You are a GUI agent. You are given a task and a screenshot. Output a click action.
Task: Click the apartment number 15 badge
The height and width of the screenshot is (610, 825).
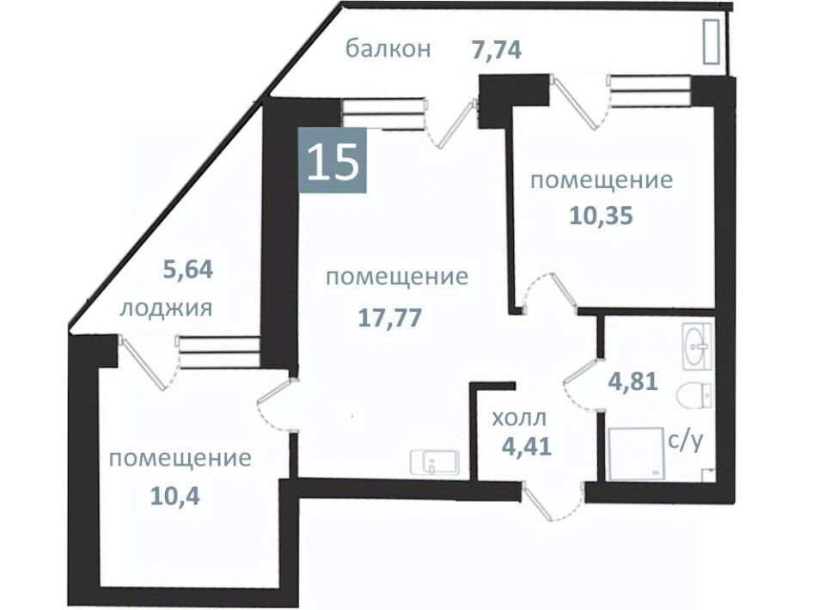pyautogui.click(x=332, y=160)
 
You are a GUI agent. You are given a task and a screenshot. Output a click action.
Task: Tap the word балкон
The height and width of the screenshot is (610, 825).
pyautogui.click(x=388, y=49)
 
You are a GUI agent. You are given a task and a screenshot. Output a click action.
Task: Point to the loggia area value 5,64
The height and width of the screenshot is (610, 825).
pyautogui.click(x=188, y=270)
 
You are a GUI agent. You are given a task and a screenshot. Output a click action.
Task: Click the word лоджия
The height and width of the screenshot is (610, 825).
pyautogui.click(x=166, y=308)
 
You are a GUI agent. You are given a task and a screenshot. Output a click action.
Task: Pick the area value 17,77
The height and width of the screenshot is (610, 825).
pyautogui.click(x=390, y=318)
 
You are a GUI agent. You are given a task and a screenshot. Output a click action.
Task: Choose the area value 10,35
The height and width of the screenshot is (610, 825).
pyautogui.click(x=601, y=216)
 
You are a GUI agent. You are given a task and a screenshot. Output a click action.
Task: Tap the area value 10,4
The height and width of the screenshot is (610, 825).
pyautogui.click(x=175, y=496)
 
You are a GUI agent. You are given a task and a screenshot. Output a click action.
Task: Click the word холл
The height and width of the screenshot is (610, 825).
pyautogui.click(x=519, y=419)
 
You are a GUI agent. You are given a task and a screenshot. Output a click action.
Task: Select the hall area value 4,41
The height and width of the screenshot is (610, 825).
pyautogui.click(x=526, y=447)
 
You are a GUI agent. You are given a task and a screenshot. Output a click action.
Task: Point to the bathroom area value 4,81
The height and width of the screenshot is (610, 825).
pyautogui.click(x=633, y=381)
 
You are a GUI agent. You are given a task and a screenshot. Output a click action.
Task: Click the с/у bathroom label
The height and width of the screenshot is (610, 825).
pyautogui.click(x=685, y=442)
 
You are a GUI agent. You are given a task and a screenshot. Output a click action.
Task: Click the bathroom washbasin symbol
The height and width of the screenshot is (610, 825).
pyautogui.click(x=697, y=346)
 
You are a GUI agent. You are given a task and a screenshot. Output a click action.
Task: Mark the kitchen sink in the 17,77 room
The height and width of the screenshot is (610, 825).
pyautogui.click(x=435, y=462)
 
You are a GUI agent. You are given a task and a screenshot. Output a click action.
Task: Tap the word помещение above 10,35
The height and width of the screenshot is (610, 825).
pyautogui.click(x=602, y=181)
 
